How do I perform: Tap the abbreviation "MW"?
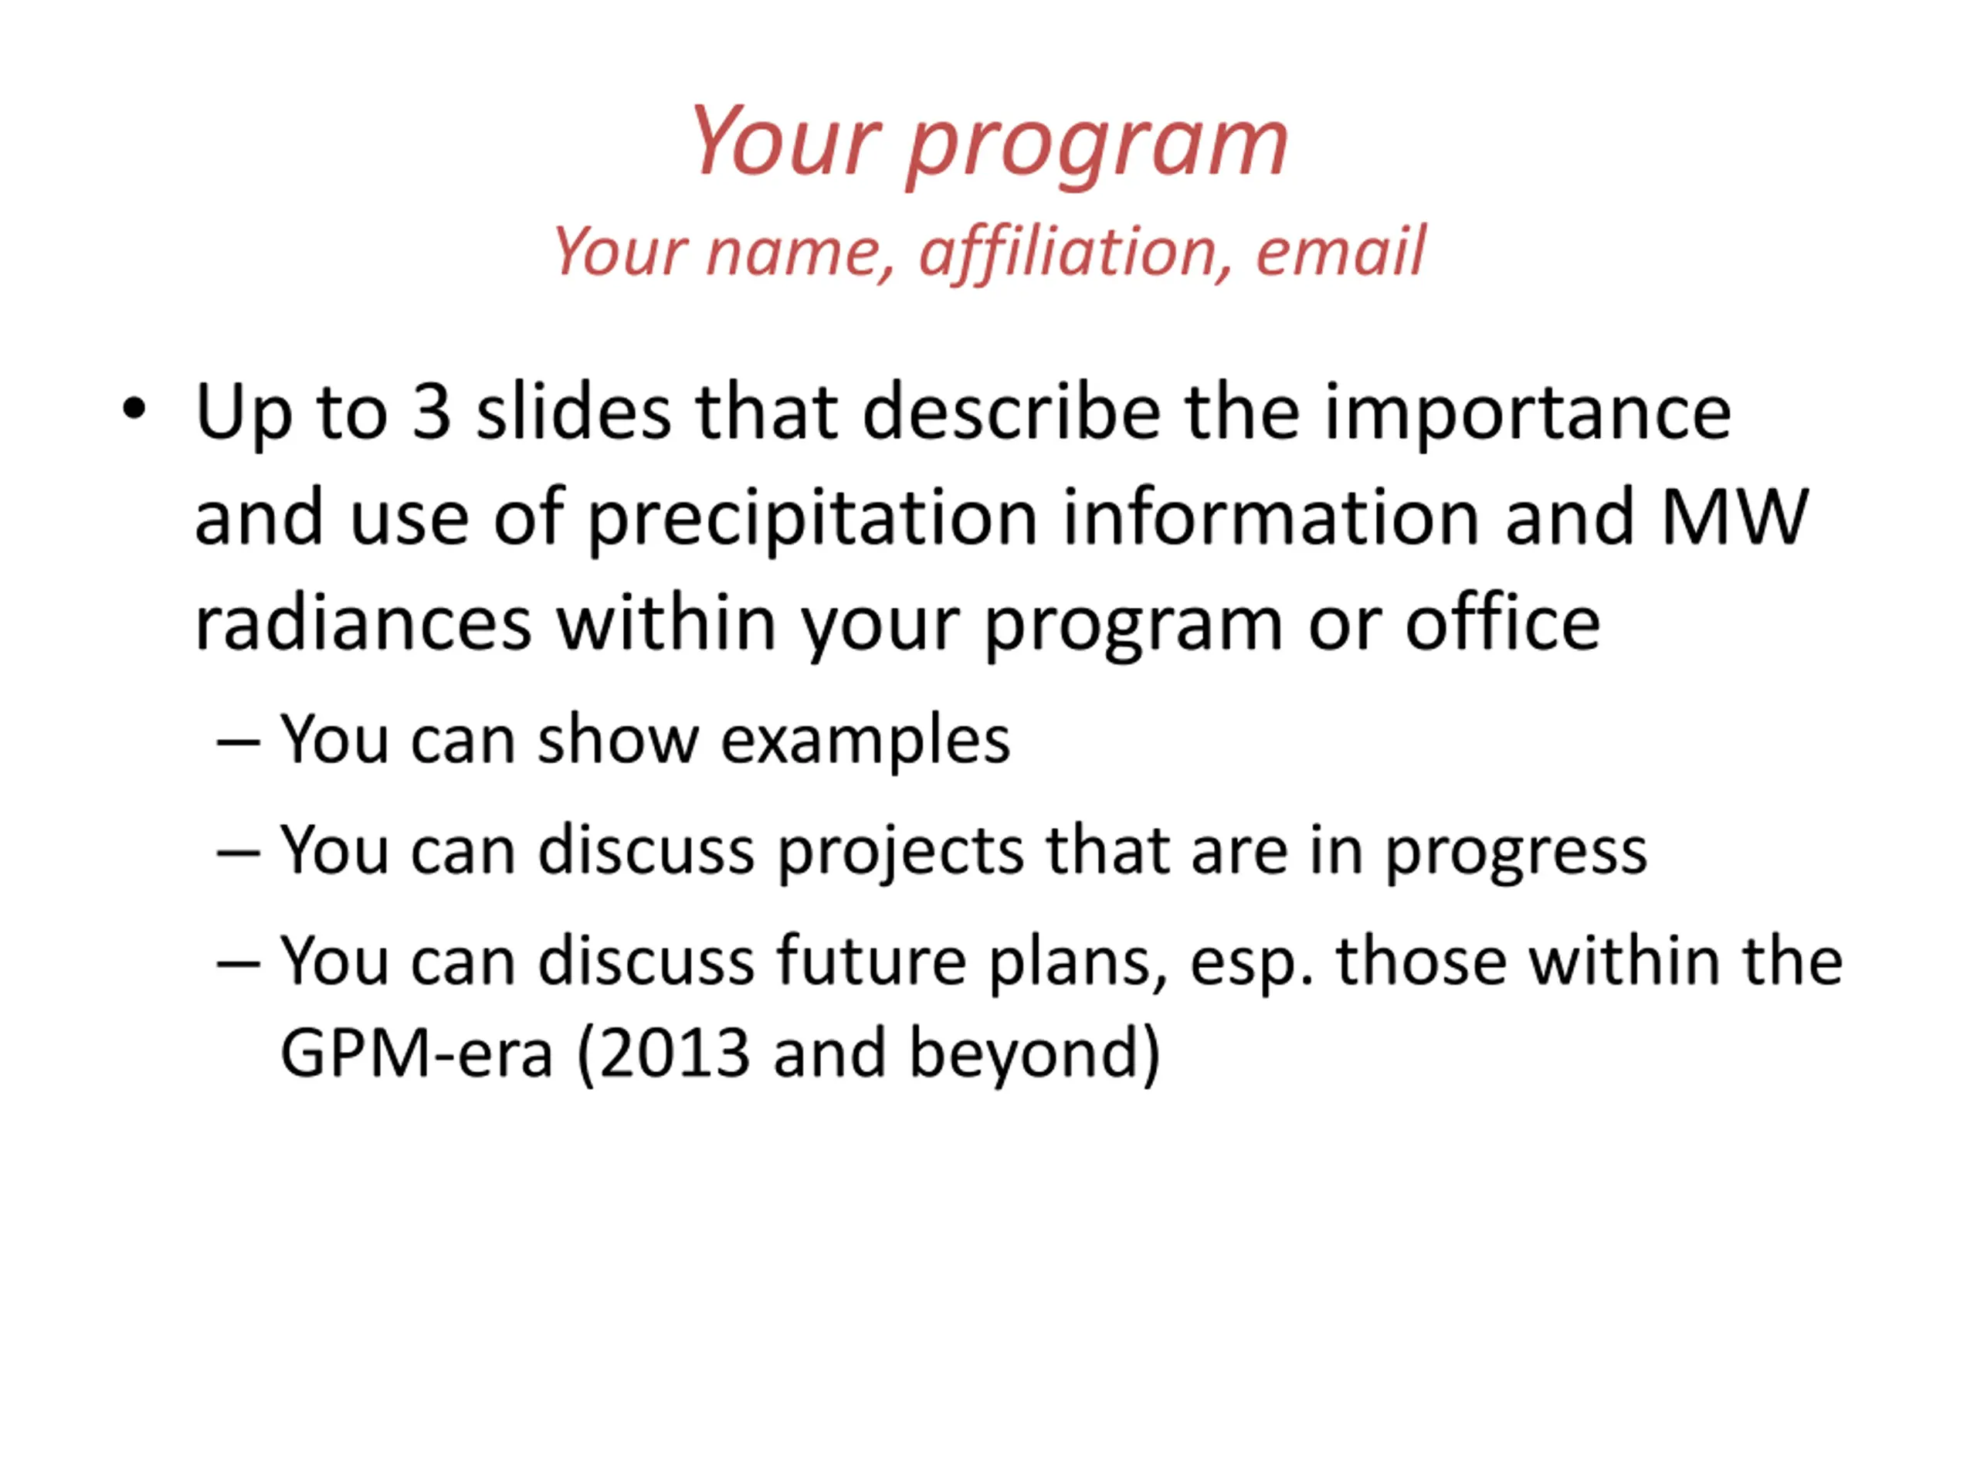pos(1735,518)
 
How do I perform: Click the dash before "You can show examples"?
pos(239,742)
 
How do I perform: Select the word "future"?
pos(870,961)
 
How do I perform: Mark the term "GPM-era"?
pos(416,1053)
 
